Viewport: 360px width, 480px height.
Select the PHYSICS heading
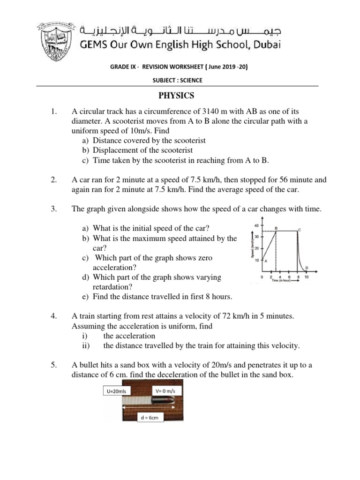pos(176,96)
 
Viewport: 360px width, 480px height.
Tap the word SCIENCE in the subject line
pos(191,80)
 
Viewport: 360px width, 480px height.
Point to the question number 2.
pos(53,180)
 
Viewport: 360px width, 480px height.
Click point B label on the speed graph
pos(276,227)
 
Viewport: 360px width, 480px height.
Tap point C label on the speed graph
pos(300,229)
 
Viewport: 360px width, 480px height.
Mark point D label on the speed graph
pos(307,268)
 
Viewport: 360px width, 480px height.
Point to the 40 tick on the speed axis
pos(256,225)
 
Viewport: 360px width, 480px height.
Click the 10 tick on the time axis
pos(307,277)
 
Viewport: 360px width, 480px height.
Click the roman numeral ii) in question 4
pos(85,345)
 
